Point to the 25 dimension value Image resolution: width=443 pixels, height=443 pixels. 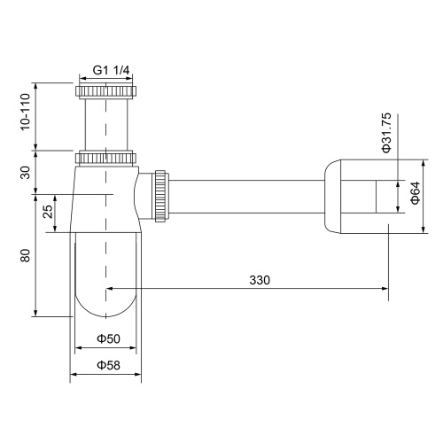[48, 212]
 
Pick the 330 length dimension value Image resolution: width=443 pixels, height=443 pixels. [259, 279]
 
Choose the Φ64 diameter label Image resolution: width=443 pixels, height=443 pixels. [413, 196]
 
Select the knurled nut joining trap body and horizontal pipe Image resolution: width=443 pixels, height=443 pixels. [160, 196]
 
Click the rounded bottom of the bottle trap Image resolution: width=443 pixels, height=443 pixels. [105, 301]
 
